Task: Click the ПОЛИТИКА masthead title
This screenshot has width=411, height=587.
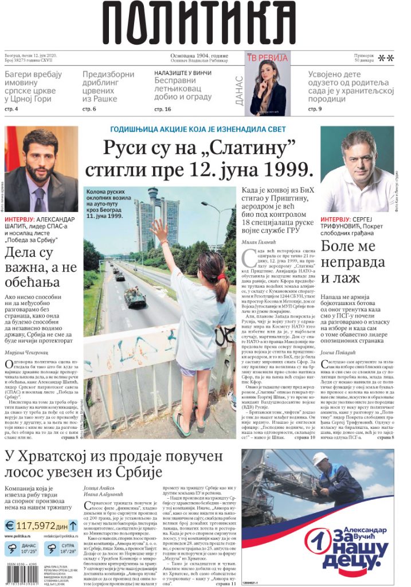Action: click(x=205, y=25)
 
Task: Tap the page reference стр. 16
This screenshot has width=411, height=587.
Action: click(x=163, y=109)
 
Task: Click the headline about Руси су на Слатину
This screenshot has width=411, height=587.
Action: click(x=199, y=158)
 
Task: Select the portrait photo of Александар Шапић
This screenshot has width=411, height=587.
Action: click(x=41, y=170)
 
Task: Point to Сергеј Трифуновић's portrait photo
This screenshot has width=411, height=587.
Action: click(x=357, y=170)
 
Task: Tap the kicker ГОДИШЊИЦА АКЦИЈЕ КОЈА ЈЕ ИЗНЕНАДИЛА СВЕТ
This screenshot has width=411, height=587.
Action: click(x=199, y=130)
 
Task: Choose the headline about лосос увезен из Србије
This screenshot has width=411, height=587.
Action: click(x=113, y=464)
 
